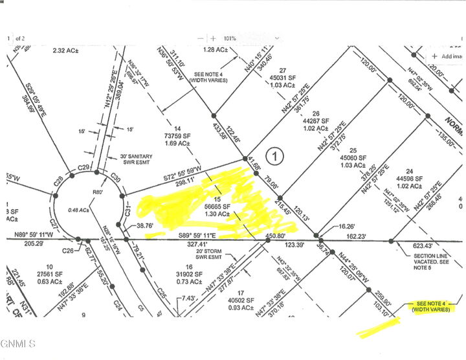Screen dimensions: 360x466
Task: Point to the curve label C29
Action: (x=83, y=168)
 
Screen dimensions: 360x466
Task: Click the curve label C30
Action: (x=116, y=178)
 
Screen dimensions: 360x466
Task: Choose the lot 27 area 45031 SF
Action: (x=282, y=78)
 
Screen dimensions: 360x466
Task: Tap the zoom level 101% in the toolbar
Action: (x=231, y=38)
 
